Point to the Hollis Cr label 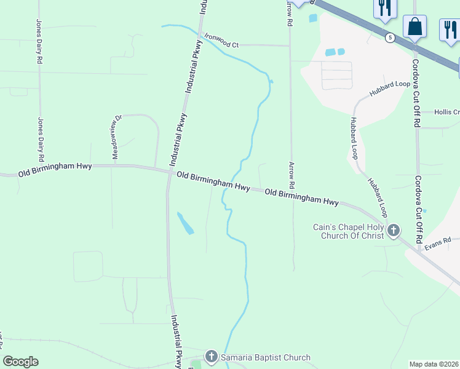point(446,112)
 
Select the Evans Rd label point(438,240)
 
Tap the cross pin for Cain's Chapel point(393,231)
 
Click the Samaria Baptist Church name point(266,357)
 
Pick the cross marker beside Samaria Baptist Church point(212,357)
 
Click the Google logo point(20,362)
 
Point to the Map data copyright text point(434,364)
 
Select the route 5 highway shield point(390,38)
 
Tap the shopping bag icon point(414,27)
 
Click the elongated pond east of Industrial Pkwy point(185,223)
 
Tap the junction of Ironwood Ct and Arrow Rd point(290,46)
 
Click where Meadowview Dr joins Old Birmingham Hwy point(113,165)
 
